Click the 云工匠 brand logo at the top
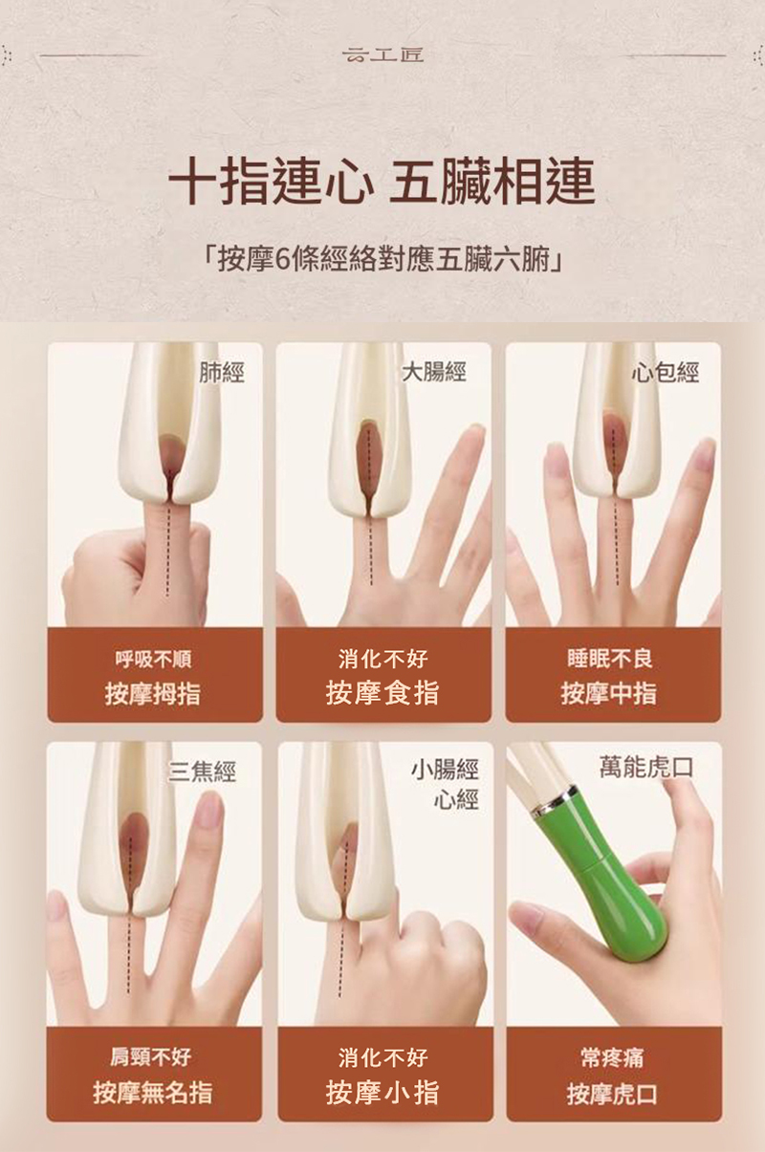382,54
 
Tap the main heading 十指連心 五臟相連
382,182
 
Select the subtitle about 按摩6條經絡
382,260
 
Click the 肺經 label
221,372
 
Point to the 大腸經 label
434,372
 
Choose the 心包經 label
665,372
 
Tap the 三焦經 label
202,772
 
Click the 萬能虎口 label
646,768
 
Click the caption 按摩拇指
152,694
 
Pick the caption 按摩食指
382,692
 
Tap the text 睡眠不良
610,659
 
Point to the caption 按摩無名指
152,1092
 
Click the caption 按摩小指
382,1092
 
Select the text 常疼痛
612,1058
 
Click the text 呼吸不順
153,659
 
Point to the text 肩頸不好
151,1056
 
